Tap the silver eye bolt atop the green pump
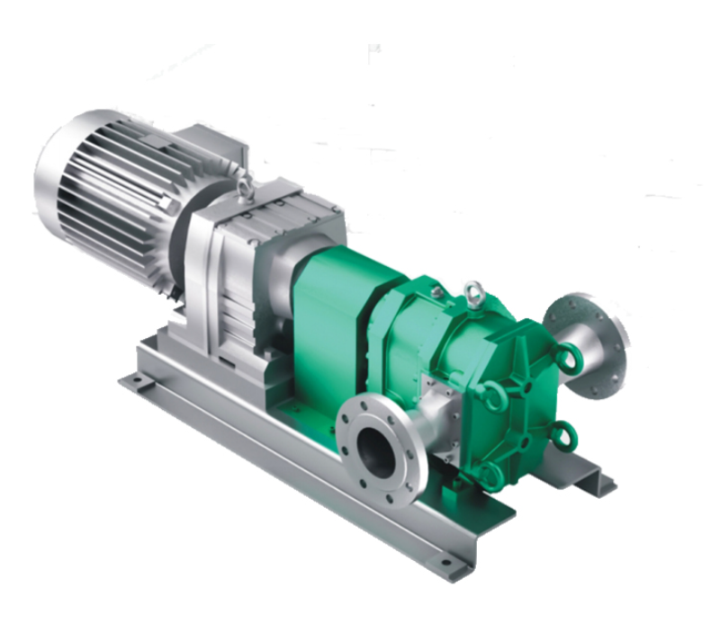pyautogui.click(x=474, y=293)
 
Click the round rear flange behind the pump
pyautogui.click(x=594, y=337)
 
